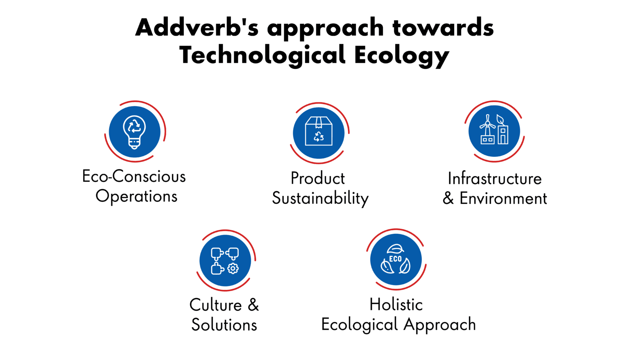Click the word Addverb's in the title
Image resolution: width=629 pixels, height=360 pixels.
[197, 28]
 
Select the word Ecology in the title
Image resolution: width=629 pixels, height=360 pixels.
[402, 55]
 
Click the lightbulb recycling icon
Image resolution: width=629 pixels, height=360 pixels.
[134, 131]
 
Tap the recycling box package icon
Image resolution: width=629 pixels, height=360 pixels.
[319, 132]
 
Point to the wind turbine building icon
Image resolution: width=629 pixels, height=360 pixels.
[494, 131]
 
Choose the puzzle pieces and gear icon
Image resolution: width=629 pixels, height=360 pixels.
[225, 260]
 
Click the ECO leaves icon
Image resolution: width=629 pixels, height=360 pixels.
[396, 259]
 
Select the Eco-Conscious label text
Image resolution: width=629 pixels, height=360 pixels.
[134, 177]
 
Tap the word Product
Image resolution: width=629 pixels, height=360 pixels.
[318, 179]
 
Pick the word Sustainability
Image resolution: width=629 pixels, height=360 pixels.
[320, 199]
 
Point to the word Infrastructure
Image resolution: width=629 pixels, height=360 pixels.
[495, 179]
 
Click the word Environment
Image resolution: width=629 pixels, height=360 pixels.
[503, 199]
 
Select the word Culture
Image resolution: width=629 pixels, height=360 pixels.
[216, 305]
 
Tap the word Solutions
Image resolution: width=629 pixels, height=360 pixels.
[224, 325]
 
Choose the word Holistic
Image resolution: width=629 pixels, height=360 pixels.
[396, 305]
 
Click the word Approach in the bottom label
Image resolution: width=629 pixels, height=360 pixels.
[440, 325]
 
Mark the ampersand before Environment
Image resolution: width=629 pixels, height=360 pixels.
[448, 199]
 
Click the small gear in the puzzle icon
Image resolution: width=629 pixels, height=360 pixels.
[233, 269]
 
